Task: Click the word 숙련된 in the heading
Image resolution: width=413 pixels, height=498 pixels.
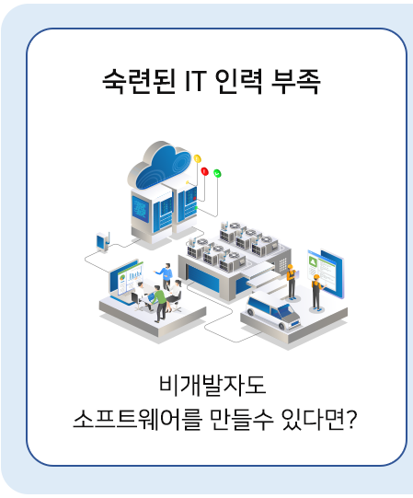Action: [139, 81]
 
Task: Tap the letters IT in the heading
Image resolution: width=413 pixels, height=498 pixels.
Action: [196, 81]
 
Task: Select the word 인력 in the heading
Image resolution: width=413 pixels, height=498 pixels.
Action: [239, 81]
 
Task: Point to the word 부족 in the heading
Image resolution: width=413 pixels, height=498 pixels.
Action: [295, 81]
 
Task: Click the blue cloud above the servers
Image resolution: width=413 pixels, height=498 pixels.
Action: [160, 166]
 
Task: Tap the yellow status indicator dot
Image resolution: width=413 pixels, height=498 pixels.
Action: [197, 158]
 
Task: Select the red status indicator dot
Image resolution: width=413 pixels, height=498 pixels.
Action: [205, 171]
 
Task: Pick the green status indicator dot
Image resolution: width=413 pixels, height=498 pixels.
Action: [217, 173]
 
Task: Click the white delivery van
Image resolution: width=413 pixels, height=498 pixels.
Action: [272, 309]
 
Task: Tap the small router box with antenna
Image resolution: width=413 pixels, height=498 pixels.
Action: [103, 242]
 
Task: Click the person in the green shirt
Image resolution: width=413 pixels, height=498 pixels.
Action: [159, 304]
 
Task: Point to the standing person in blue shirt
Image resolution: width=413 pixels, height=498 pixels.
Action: [166, 275]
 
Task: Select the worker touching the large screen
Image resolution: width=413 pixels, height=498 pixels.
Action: [316, 292]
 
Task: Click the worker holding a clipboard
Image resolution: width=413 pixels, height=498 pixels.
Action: [291, 282]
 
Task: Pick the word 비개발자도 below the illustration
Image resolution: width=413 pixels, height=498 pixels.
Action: [212, 385]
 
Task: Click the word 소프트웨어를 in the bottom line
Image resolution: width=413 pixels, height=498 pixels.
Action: [137, 419]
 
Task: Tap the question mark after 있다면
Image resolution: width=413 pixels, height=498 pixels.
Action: [350, 419]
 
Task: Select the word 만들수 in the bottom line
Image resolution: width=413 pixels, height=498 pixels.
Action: [241, 419]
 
